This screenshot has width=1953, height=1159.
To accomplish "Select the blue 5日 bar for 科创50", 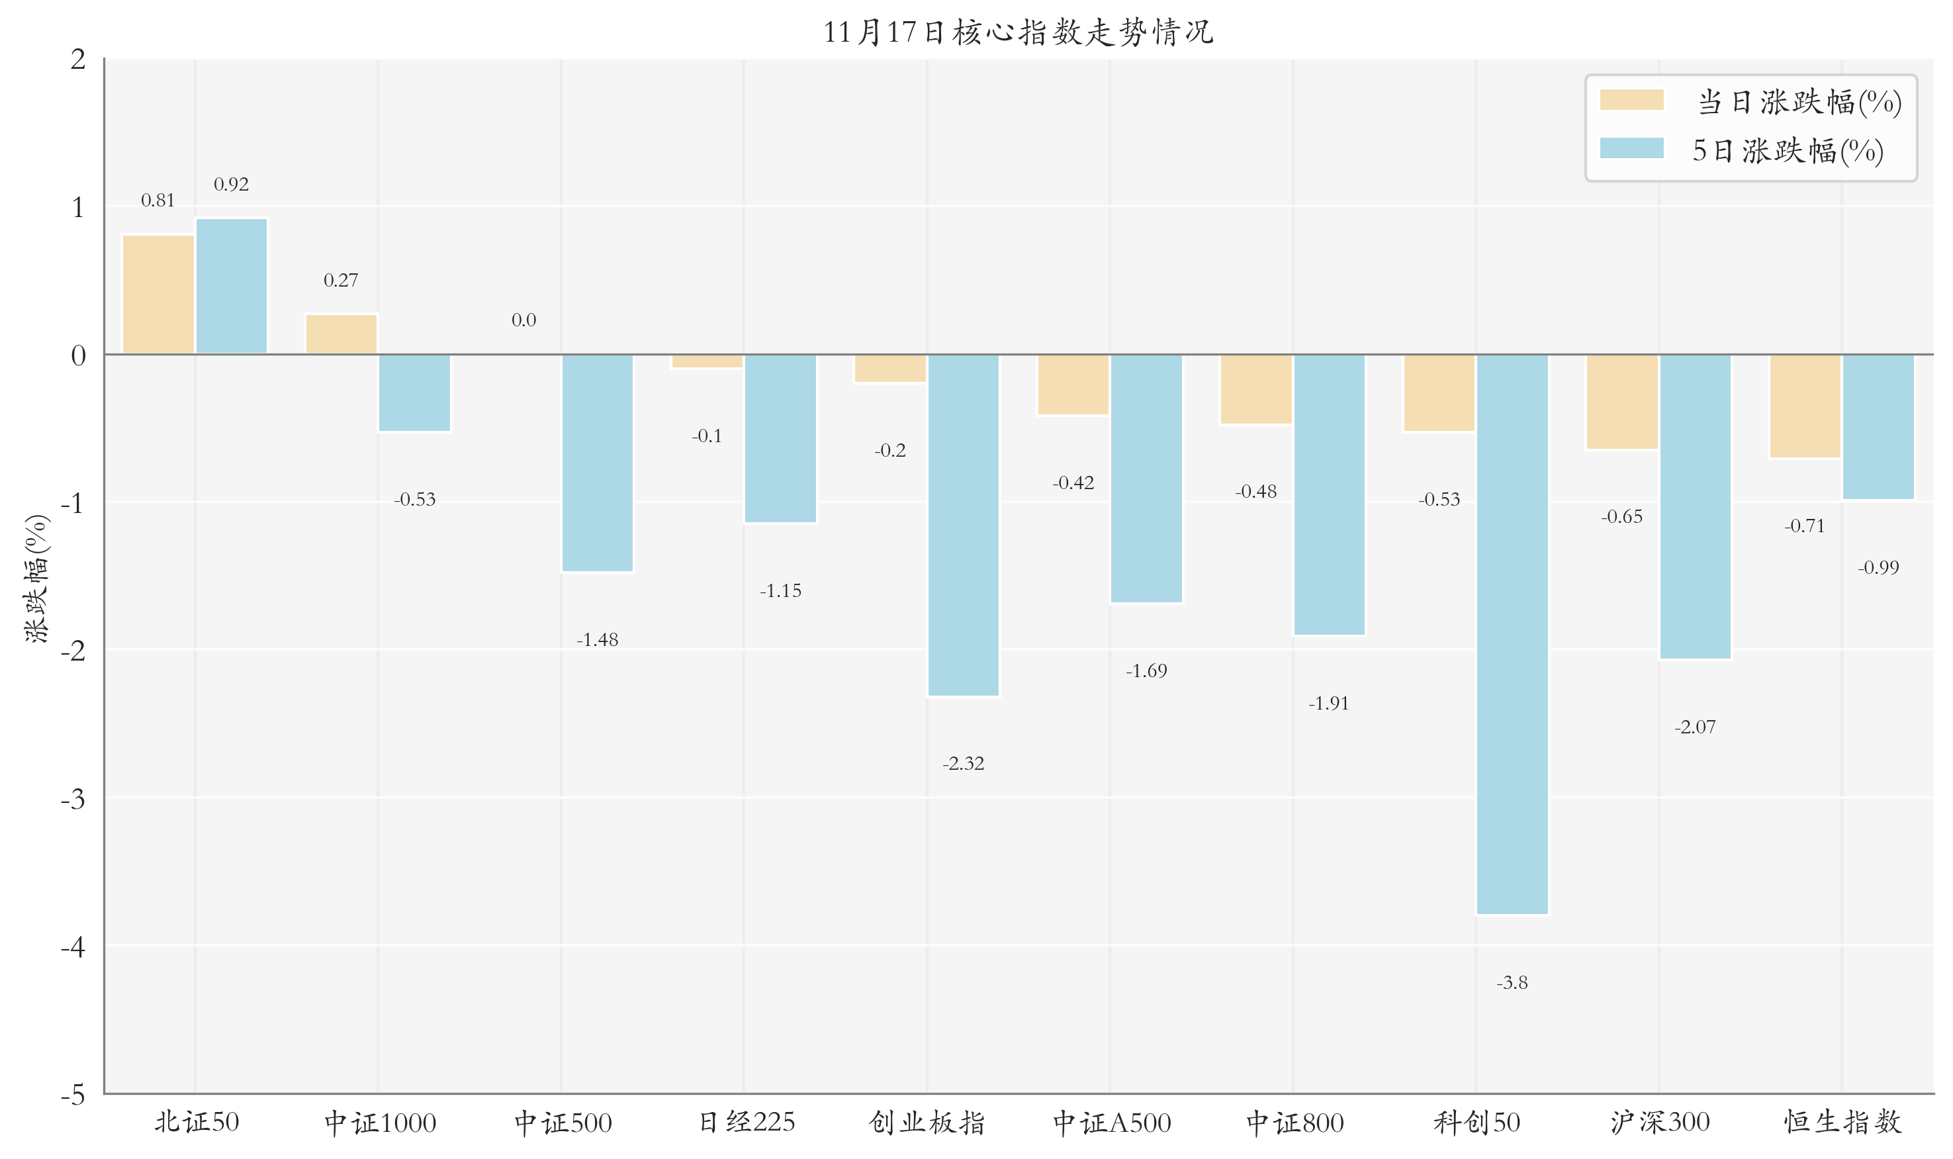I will [1512, 634].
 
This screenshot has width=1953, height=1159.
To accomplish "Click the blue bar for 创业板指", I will [963, 525].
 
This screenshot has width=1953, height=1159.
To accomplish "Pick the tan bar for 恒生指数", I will [1805, 406].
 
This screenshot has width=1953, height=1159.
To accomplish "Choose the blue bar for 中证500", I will [598, 463].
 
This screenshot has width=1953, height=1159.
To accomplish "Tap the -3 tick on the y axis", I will [73, 799].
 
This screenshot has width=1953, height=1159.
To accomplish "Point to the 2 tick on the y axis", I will [77, 60].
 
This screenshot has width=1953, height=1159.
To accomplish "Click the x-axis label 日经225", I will [746, 1123].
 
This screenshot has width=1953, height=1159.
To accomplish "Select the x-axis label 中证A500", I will [1111, 1123].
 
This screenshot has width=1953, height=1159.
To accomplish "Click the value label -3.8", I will [1512, 982].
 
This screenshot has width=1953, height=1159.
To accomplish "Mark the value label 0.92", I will [231, 184].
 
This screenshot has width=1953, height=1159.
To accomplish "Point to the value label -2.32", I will [963, 763].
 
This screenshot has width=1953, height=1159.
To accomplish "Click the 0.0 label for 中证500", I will [523, 320].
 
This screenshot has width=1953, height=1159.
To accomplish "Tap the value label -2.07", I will [1694, 727].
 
